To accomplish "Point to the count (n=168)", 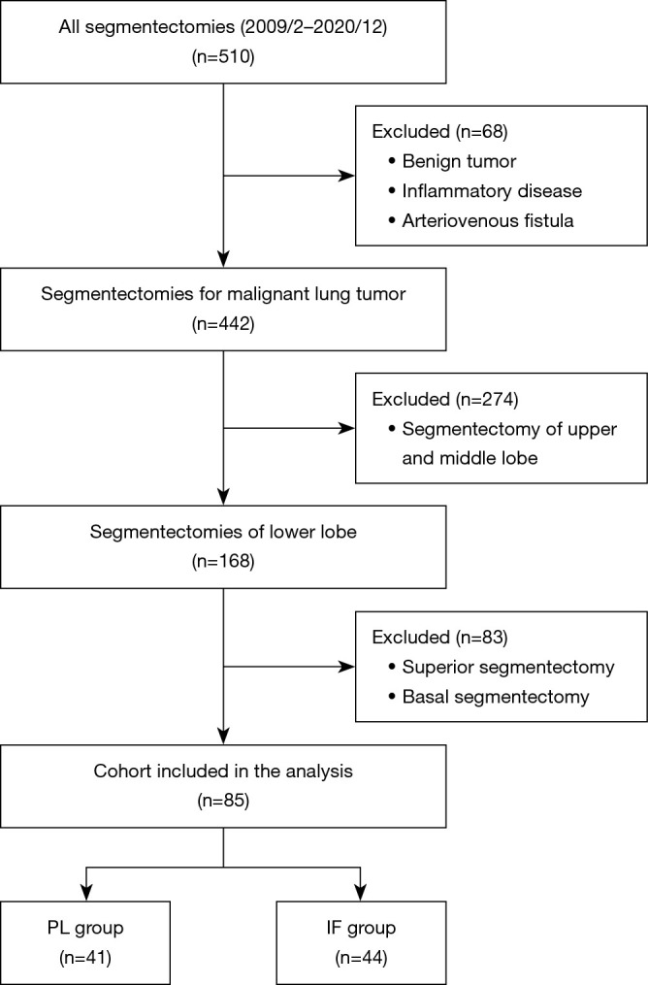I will tap(224, 562).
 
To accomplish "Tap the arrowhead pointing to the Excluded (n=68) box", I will tap(346, 177).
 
